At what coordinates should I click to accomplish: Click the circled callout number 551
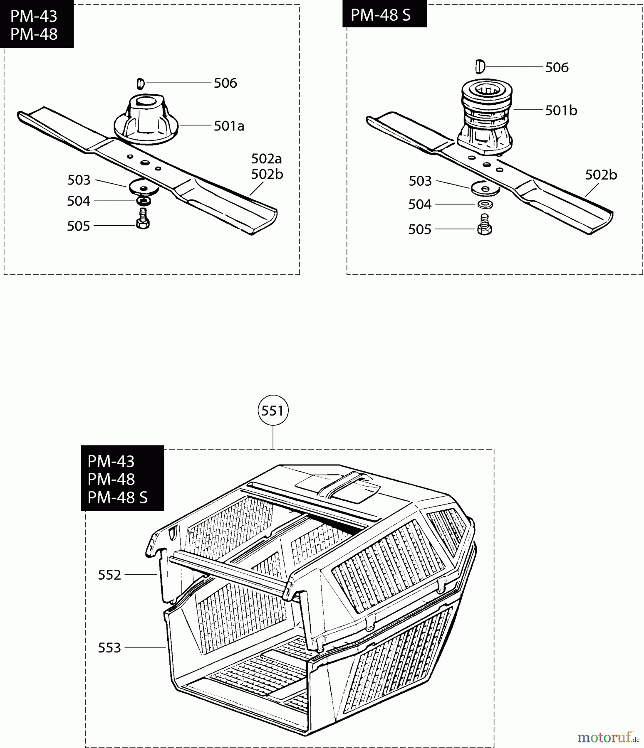pyautogui.click(x=273, y=411)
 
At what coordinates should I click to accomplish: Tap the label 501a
pyautogui.click(x=229, y=125)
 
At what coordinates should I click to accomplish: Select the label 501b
pyautogui.click(x=561, y=110)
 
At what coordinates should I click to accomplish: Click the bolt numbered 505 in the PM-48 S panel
pyautogui.click(x=484, y=224)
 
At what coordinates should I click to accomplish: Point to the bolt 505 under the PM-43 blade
pyautogui.click(x=143, y=219)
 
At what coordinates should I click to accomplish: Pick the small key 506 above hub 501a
pyautogui.click(x=141, y=84)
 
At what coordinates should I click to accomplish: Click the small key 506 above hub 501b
pyautogui.click(x=480, y=66)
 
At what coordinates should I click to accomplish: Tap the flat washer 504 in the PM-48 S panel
pyautogui.click(x=485, y=204)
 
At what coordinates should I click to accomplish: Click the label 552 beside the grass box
pyautogui.click(x=109, y=575)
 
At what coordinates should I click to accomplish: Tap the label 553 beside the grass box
pyautogui.click(x=109, y=647)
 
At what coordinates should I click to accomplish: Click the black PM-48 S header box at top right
pyautogui.click(x=384, y=14)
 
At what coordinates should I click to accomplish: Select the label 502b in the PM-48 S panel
pyautogui.click(x=601, y=175)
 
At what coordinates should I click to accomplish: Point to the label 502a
pyautogui.click(x=267, y=158)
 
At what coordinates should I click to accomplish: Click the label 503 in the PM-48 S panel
pyautogui.click(x=420, y=181)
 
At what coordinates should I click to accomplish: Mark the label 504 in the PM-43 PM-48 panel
pyautogui.click(x=79, y=201)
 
